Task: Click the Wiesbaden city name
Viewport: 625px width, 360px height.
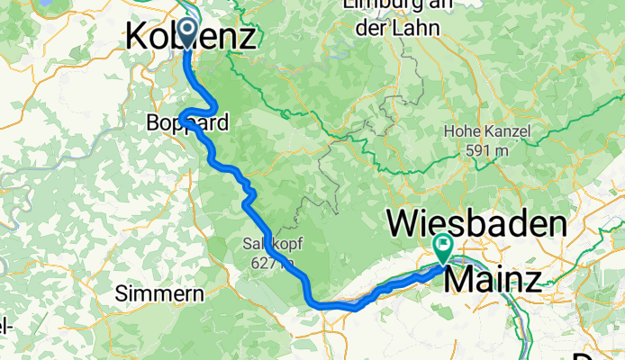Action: pyautogui.click(x=477, y=222)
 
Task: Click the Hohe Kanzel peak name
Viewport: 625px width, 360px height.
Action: pyautogui.click(x=486, y=132)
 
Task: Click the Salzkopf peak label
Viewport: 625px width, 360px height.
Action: pyautogui.click(x=267, y=243)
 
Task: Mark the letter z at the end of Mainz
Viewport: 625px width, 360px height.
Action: pyautogui.click(x=533, y=280)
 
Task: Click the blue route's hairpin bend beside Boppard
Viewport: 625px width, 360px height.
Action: pyautogui.click(x=182, y=117)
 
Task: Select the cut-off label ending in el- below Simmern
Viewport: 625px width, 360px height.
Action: pyautogui.click(x=6, y=324)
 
